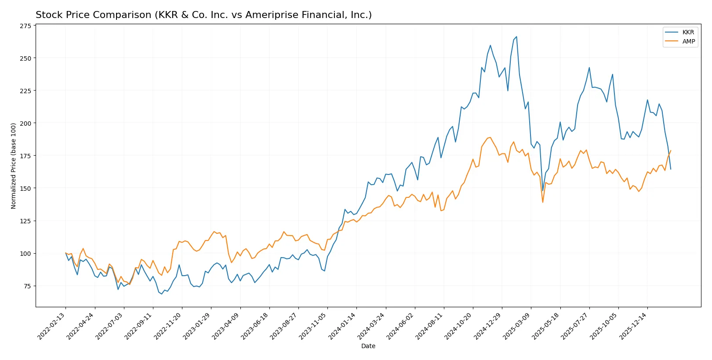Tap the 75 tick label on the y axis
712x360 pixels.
[27, 286]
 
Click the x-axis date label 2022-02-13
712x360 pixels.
[52, 326]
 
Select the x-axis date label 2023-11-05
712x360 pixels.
[314, 326]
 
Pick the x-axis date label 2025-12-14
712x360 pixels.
[634, 326]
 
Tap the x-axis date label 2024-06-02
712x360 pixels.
[401, 326]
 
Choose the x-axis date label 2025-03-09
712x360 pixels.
[517, 326]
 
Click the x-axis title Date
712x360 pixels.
[368, 346]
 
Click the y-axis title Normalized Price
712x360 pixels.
[14, 166]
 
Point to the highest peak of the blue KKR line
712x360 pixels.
[516, 37]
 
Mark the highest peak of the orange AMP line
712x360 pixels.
[490, 137]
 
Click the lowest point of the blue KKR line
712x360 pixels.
[161, 294]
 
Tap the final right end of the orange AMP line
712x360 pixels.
[670, 151]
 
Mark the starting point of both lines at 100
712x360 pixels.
[65, 253]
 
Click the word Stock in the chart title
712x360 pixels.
[47, 15]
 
